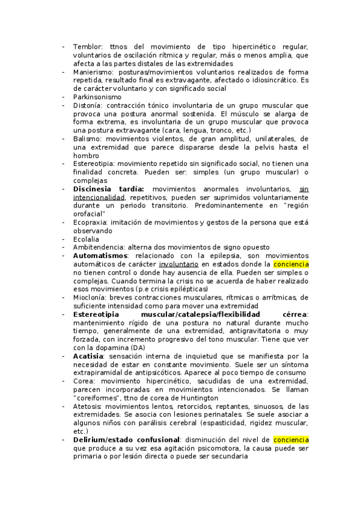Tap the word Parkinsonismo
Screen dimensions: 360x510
coord(97,96)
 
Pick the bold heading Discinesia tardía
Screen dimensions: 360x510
coord(108,189)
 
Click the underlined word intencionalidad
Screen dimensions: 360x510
coord(99,197)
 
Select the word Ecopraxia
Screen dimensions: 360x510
coord(91,222)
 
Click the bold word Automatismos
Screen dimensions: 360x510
coord(100,256)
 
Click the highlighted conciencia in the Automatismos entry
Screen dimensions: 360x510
coord(291,264)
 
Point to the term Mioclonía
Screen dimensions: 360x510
coord(90,297)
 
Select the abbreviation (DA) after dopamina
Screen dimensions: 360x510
coord(138,348)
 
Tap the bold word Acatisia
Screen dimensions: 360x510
coord(88,356)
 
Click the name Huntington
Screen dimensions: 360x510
coord(197,398)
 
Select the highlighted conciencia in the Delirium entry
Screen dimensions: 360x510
coord(291,440)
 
